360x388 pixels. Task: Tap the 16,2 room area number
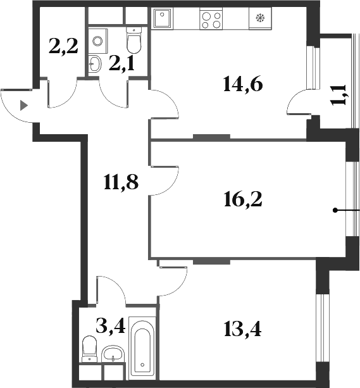[242, 199]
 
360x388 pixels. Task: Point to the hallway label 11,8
[121, 183]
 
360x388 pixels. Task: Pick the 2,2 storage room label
[64, 46]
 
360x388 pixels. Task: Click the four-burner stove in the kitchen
[211, 19]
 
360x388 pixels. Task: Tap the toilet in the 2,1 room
[134, 42]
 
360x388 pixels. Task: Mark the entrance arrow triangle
[24, 106]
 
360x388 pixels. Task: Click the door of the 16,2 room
[166, 180]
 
